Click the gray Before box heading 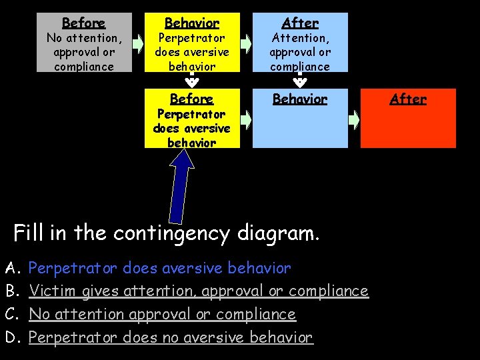[83, 23]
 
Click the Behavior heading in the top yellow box [191, 23]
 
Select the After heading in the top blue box [299, 23]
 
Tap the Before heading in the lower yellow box [191, 99]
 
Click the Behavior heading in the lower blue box [299, 99]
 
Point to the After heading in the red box [407, 99]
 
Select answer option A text [160, 269]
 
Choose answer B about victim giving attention [199, 291]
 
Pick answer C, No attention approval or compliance [162, 314]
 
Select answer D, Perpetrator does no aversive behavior [171, 337]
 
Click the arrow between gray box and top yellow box [138, 44]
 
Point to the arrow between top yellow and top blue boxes [246, 44]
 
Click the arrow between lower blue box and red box [355, 119]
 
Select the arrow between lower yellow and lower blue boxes [246, 119]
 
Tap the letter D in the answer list [11, 337]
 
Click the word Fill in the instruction [29, 234]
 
